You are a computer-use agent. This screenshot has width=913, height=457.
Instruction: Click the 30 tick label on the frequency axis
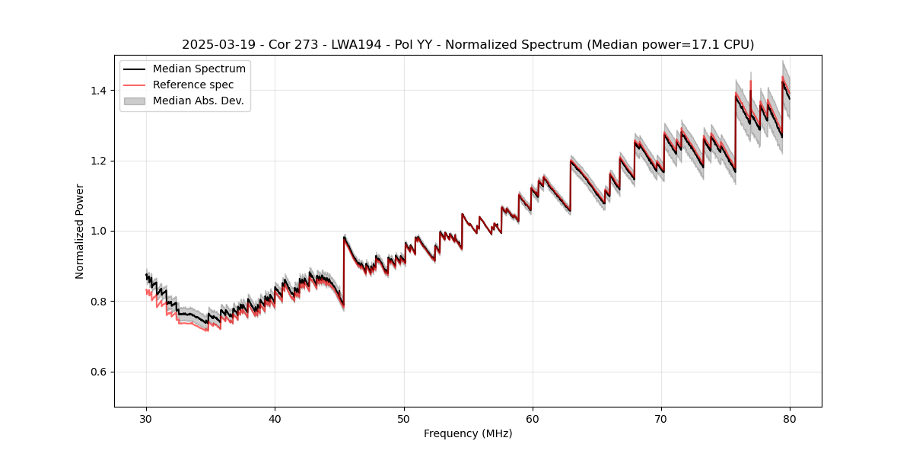(x=146, y=418)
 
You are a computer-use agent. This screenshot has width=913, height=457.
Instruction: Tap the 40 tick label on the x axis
(x=275, y=418)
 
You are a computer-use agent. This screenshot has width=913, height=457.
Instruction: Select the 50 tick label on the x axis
(x=404, y=418)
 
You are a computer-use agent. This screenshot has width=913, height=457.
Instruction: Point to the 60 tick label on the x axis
(x=533, y=418)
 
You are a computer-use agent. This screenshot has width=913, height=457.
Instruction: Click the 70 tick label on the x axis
(x=661, y=418)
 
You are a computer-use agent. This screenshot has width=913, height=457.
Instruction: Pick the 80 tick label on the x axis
(x=790, y=418)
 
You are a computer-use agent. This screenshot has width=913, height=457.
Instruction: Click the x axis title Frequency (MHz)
(x=468, y=433)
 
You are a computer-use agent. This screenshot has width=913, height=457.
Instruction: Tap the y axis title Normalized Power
(x=80, y=231)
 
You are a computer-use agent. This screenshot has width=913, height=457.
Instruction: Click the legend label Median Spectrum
(x=199, y=69)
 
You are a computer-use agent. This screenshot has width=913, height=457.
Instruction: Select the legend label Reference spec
(x=193, y=85)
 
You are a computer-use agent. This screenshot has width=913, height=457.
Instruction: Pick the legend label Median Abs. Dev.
(x=198, y=101)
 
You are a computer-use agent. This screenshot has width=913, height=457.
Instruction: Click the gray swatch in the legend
(x=134, y=101)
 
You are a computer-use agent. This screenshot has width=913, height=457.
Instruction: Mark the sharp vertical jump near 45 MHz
(x=344, y=270)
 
